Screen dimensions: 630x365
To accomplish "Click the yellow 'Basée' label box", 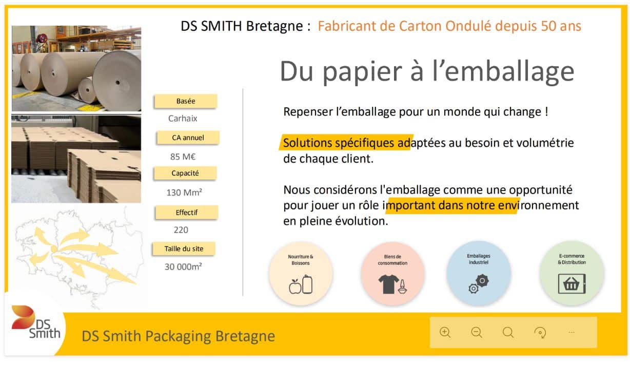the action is (x=186, y=101).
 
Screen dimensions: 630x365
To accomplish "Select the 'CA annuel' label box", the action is (x=188, y=138).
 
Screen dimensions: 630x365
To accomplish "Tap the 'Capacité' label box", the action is (x=185, y=173).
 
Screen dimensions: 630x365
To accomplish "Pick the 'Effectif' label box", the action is (x=186, y=213).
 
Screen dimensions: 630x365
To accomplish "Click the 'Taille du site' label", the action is (x=184, y=249).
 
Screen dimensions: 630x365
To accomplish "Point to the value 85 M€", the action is (x=183, y=157).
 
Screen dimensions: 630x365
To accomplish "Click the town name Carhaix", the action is (x=183, y=119).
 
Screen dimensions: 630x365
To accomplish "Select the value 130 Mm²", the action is (x=184, y=193).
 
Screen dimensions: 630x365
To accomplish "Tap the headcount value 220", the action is (x=181, y=230).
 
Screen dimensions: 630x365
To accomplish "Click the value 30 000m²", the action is (x=183, y=266).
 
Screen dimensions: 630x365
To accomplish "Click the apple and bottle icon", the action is (x=301, y=285).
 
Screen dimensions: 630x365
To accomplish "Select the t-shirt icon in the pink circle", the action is (x=389, y=284).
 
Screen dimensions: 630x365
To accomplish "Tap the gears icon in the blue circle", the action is (x=479, y=284).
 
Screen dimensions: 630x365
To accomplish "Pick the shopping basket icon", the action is (x=572, y=284).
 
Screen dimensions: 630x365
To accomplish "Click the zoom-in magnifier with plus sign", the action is (x=445, y=332).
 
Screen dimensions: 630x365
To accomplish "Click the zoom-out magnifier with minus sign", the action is (x=477, y=332).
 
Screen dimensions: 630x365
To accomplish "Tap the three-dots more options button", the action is (x=571, y=332).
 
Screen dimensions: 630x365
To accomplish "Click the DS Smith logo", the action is (x=36, y=322).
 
